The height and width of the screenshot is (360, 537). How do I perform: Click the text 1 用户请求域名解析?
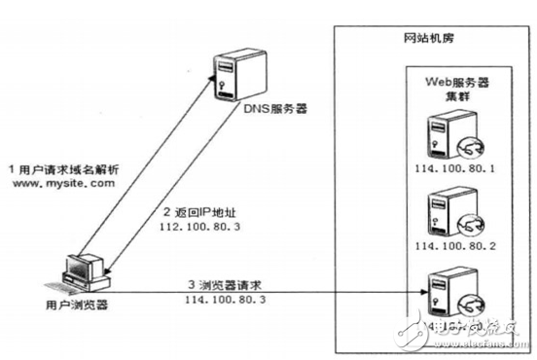(x=61, y=167)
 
